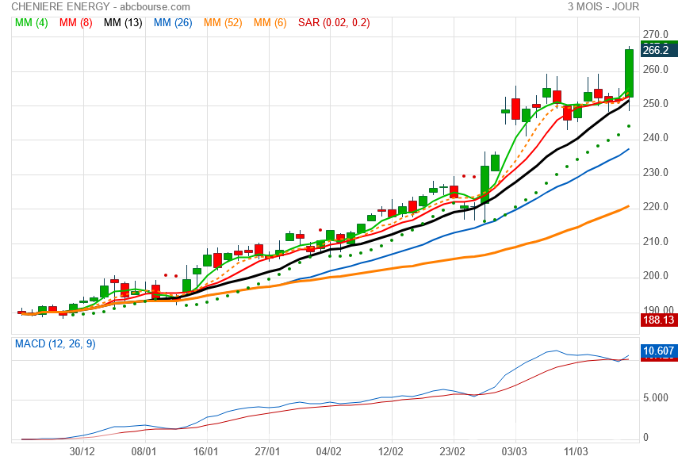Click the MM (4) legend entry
click(32, 23)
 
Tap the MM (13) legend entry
click(123, 23)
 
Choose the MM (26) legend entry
click(173, 23)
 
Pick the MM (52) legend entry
click(223, 23)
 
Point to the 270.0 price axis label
click(656, 35)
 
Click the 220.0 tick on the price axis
click(656, 207)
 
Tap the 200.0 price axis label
click(656, 276)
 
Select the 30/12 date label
click(82, 450)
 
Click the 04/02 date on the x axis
click(329, 450)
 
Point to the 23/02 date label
click(453, 450)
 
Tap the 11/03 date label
click(576, 450)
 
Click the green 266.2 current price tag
click(656, 50)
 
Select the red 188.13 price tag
click(656, 320)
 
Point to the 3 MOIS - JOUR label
click(603, 7)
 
